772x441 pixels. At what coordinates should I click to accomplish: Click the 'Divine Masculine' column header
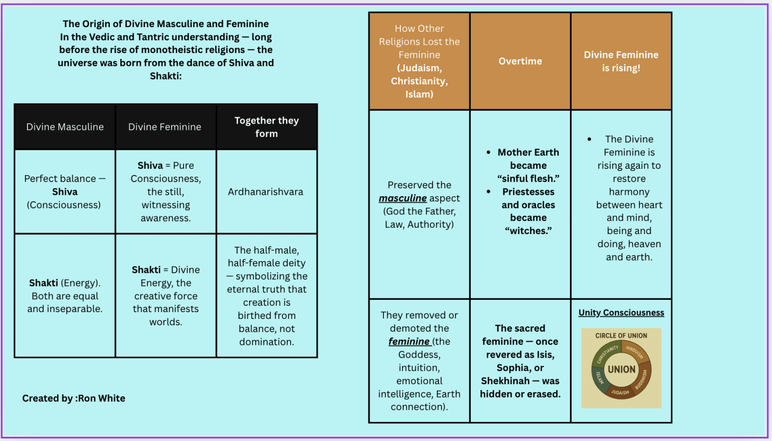(x=65, y=127)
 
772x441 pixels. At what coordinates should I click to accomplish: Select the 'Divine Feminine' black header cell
(x=165, y=127)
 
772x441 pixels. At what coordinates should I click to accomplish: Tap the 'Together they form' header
(x=266, y=127)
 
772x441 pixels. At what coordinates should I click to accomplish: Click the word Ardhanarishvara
(x=266, y=192)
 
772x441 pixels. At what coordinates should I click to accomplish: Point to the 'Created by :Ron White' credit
(x=74, y=398)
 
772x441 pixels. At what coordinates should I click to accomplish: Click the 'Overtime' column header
(x=520, y=61)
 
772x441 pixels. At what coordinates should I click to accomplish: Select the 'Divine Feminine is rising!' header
(x=621, y=61)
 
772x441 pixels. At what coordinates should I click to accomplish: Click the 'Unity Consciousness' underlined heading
(x=621, y=313)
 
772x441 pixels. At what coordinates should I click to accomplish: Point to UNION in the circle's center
(x=621, y=369)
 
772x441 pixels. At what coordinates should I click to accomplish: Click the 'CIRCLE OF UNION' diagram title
(x=621, y=335)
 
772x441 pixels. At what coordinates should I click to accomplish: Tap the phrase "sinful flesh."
(x=528, y=178)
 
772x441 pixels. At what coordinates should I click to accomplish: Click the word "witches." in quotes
(x=528, y=231)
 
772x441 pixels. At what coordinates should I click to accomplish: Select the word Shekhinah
(x=504, y=381)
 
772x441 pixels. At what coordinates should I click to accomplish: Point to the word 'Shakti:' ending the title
(x=165, y=76)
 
